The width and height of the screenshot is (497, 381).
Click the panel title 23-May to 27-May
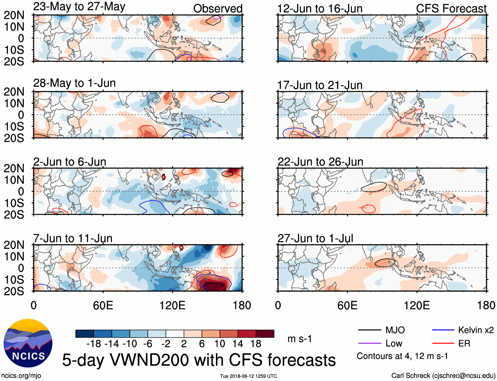[79, 7]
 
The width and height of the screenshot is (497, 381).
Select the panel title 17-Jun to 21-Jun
[320, 85]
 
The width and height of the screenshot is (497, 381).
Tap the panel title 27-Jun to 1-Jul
[315, 238]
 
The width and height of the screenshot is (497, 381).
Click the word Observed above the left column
[218, 9]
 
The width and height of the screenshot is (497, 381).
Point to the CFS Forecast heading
[451, 9]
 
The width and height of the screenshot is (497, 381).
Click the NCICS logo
[28, 343]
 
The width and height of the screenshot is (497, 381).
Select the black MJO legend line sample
[369, 330]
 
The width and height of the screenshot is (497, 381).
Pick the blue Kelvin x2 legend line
[443, 330]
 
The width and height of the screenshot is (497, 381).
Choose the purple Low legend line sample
[369, 343]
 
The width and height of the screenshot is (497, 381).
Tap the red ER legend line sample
[443, 343]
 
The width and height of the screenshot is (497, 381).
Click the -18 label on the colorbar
[94, 344]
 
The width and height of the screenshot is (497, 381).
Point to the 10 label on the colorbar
[220, 344]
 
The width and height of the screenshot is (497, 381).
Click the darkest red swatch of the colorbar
[265, 334]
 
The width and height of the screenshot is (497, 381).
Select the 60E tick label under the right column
[347, 305]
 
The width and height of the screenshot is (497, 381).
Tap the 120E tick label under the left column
[172, 305]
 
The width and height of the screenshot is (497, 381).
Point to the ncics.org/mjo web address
[21, 376]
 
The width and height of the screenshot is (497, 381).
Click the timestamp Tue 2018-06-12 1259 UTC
[248, 376]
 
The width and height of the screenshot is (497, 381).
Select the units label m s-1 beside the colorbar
[300, 339]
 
